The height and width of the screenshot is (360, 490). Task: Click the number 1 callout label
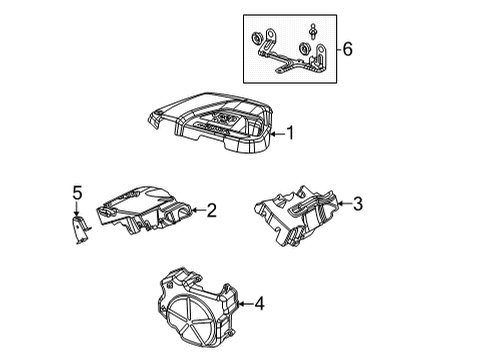(x=291, y=132)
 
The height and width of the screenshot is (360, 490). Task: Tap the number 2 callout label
(x=212, y=210)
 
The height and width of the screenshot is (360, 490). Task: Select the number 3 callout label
(x=358, y=204)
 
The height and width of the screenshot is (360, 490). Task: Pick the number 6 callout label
(x=348, y=47)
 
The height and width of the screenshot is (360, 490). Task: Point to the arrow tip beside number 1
(x=273, y=132)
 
